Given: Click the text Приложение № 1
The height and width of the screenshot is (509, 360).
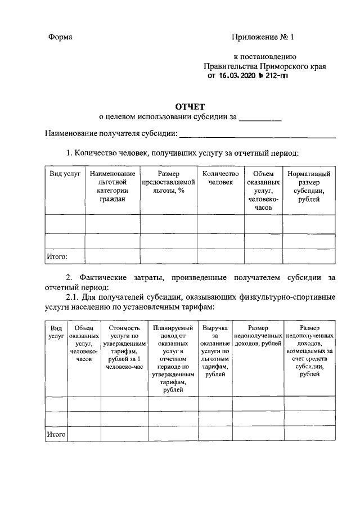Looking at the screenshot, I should (x=263, y=37).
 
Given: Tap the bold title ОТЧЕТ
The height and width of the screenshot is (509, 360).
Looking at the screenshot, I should (x=192, y=106).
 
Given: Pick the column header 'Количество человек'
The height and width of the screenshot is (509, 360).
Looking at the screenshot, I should (x=220, y=178).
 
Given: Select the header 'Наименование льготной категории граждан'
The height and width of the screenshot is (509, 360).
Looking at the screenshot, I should (x=112, y=186).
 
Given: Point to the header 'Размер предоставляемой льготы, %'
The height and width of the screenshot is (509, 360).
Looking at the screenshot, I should (x=168, y=182).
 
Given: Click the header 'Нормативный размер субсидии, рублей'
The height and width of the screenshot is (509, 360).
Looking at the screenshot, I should (x=308, y=186).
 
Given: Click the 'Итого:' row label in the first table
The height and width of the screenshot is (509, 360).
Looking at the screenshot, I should (x=57, y=256).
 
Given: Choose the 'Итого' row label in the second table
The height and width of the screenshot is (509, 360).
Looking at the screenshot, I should (x=56, y=434).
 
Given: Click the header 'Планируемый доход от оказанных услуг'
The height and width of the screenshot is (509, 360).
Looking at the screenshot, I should (x=173, y=358).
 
